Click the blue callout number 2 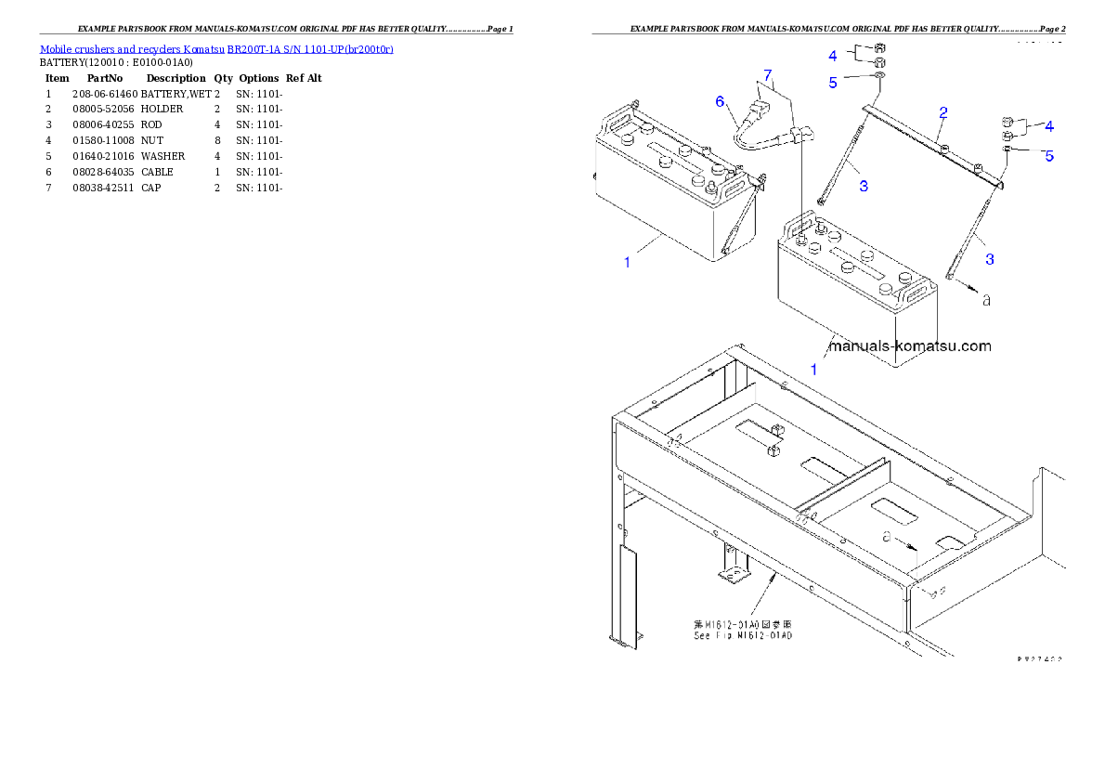tap(943, 113)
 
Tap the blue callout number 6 tap(721, 102)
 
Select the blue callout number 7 tap(767, 73)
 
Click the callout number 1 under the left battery tap(627, 263)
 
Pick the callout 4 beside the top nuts tap(833, 56)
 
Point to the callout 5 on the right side tap(1049, 156)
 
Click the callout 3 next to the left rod tap(864, 187)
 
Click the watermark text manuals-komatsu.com tap(909, 346)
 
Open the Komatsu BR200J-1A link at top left tap(216, 48)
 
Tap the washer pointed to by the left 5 tap(879, 74)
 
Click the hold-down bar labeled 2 tap(929, 144)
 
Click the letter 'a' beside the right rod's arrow tap(986, 300)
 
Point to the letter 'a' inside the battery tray tap(887, 537)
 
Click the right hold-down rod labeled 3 tap(970, 232)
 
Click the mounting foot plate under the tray tap(734, 577)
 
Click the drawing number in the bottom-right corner tap(1039, 658)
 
